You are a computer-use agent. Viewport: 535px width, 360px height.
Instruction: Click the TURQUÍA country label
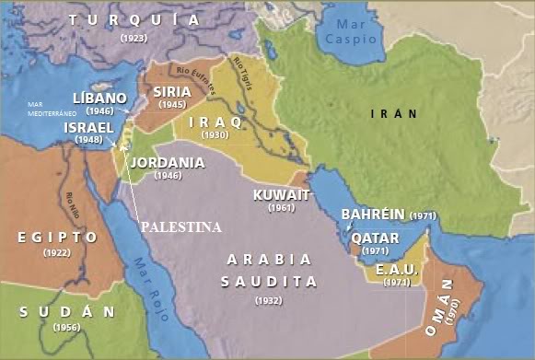click(133, 19)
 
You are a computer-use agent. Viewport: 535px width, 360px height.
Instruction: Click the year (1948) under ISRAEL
click(89, 141)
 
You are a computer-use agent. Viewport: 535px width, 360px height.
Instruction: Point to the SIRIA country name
click(172, 92)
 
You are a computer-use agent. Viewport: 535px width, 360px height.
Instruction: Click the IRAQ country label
click(215, 122)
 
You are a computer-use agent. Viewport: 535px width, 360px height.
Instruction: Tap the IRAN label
click(393, 113)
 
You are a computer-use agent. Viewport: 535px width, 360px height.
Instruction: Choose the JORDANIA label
click(168, 163)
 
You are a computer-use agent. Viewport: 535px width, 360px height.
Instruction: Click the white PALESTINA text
click(180, 227)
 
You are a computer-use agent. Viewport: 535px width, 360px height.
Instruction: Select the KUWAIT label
click(280, 195)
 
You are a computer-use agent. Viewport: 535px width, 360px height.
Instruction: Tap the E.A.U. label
click(398, 270)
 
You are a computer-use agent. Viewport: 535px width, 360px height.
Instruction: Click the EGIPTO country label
click(57, 238)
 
